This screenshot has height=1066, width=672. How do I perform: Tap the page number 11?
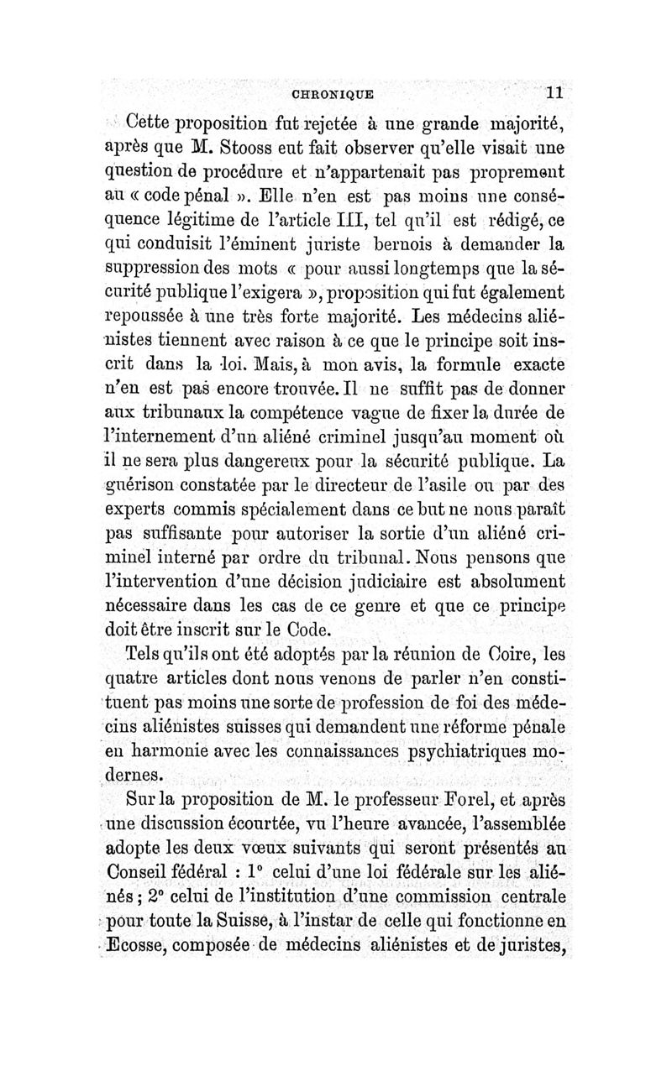pyautogui.click(x=556, y=92)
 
